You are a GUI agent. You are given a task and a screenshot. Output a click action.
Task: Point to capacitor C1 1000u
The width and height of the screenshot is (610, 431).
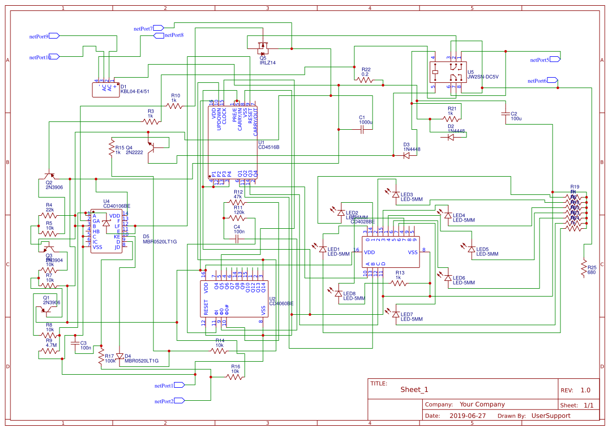coord(362,130)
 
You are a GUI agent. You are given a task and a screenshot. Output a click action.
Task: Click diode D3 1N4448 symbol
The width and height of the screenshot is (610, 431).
coord(406,155)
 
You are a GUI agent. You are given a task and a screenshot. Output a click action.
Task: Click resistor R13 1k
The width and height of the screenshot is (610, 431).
coord(399,283)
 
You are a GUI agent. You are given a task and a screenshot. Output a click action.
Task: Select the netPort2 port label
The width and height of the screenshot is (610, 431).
coord(164,401)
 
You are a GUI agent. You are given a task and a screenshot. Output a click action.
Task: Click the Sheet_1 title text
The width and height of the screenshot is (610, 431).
coord(414,390)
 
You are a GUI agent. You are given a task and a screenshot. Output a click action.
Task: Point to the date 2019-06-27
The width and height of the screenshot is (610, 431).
coord(467,416)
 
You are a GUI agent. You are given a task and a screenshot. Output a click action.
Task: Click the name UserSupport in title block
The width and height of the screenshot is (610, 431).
coord(551,416)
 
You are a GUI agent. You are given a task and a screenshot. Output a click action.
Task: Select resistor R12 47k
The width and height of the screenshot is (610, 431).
coord(237,202)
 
